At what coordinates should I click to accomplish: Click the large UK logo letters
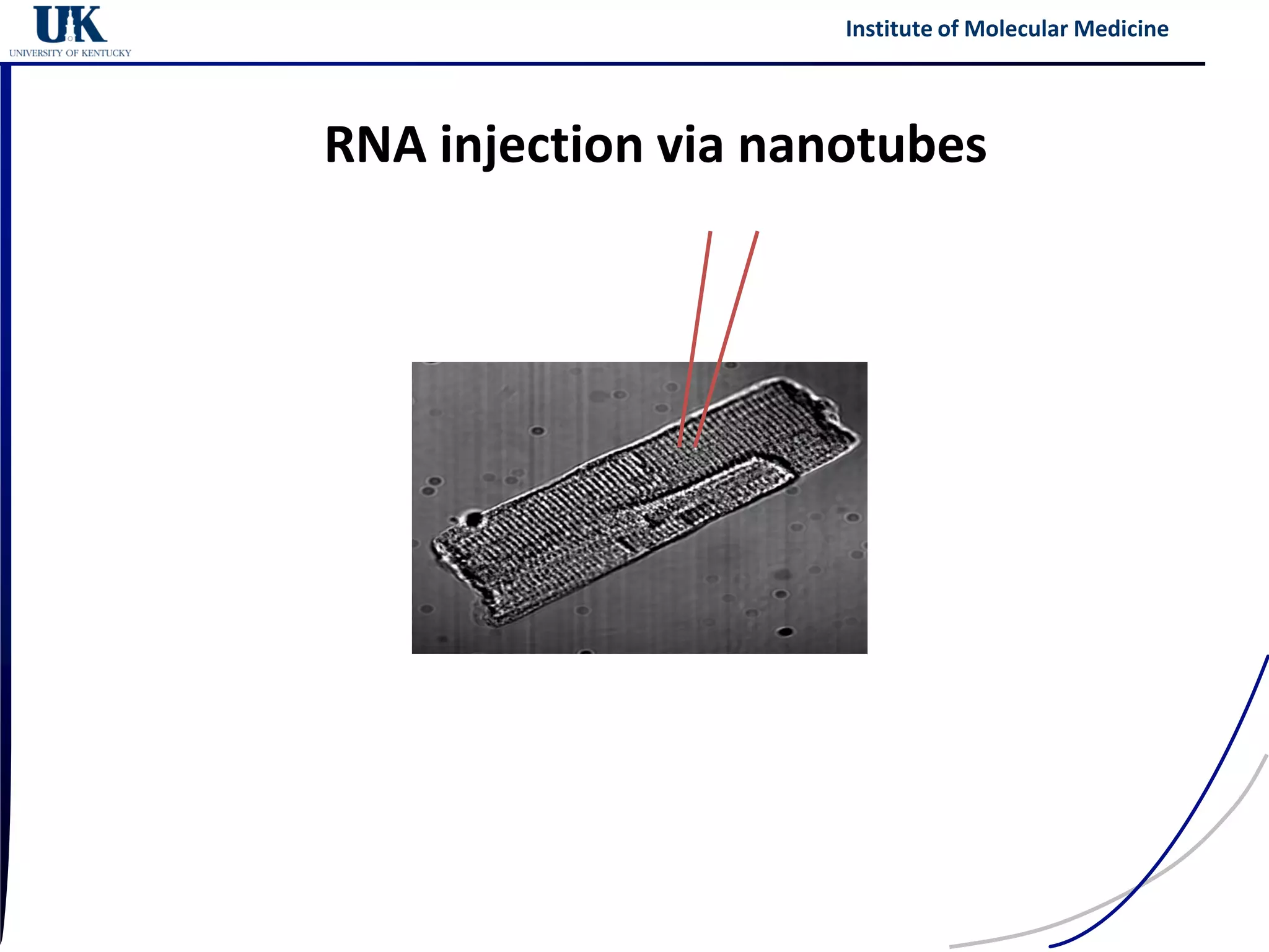pyautogui.click(x=70, y=25)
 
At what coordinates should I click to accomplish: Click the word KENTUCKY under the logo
pyautogui.click(x=106, y=53)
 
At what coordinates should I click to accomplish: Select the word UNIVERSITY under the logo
pyautogui.click(x=36, y=53)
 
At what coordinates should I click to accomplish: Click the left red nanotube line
pyautogui.click(x=697, y=322)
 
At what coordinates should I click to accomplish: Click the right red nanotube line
pyautogui.click(x=731, y=322)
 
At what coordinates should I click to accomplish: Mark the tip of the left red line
pyautogui.click(x=680, y=445)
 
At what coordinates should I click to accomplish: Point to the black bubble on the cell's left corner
pyautogui.click(x=474, y=518)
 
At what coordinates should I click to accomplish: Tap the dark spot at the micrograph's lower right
pyautogui.click(x=785, y=632)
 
